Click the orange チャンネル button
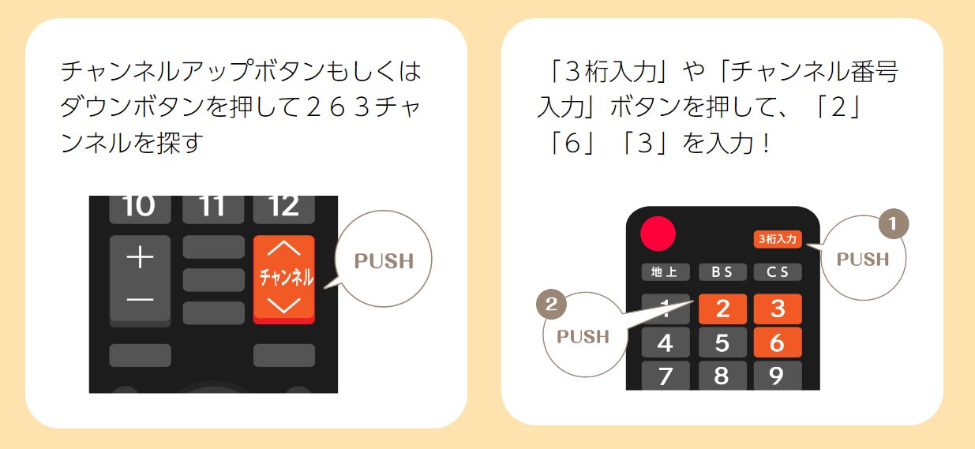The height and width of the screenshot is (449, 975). tap(284, 279)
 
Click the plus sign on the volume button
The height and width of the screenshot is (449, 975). tap(140, 257)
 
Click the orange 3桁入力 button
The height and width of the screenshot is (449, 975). tap(778, 238)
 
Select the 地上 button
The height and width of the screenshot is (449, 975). tap(665, 272)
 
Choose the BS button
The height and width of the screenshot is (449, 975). tap(722, 272)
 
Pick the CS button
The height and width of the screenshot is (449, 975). tap(777, 272)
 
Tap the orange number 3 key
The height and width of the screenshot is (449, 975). tap(778, 309)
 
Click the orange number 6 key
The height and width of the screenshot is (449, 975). tap(778, 342)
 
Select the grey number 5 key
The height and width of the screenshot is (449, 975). tap(722, 342)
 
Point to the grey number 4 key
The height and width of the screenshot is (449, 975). tap(665, 342)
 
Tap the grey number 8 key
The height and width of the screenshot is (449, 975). tap(722, 376)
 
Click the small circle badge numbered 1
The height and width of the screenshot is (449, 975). tap(893, 225)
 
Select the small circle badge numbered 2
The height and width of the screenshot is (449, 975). tap(550, 305)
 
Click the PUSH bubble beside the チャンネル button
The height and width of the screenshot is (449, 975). tap(384, 261)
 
